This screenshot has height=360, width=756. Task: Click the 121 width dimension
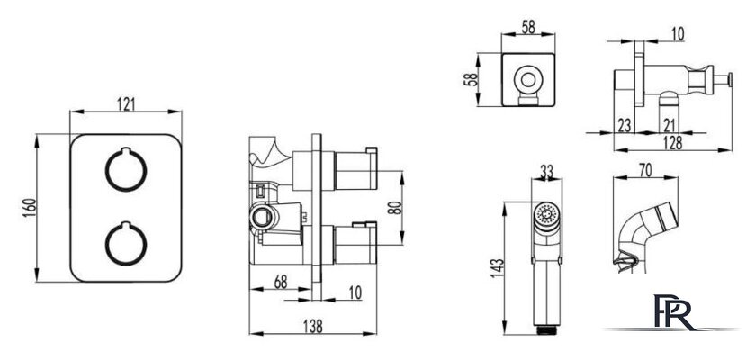[x=126, y=104]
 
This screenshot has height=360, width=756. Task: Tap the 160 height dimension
[x=30, y=208]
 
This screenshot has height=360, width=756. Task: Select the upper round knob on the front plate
[x=126, y=169]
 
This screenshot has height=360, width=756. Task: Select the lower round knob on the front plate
[x=126, y=243]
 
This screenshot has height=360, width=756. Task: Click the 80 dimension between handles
[x=394, y=208]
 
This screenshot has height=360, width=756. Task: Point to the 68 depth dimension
[x=281, y=282]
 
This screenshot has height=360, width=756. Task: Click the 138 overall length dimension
[x=313, y=327]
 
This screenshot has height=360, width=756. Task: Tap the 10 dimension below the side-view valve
[x=355, y=292]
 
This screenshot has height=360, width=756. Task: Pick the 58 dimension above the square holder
[x=528, y=28]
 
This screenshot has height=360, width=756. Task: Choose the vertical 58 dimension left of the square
[x=470, y=79]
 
